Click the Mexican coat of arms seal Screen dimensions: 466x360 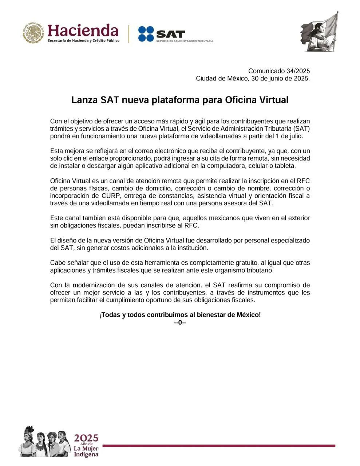tap(33, 33)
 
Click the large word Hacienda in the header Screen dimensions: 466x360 tap(83, 31)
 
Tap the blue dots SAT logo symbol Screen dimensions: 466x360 tap(146, 34)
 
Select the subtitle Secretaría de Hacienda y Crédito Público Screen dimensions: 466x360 tap(83, 40)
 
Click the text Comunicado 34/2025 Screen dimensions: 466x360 tap(279, 71)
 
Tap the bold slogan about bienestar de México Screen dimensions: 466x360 tap(180, 315)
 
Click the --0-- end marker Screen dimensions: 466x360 tap(180, 323)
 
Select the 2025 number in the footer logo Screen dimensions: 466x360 tap(86, 438)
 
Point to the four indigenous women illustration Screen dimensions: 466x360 tap(45, 441)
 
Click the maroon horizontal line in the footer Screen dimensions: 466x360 tap(218, 446)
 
